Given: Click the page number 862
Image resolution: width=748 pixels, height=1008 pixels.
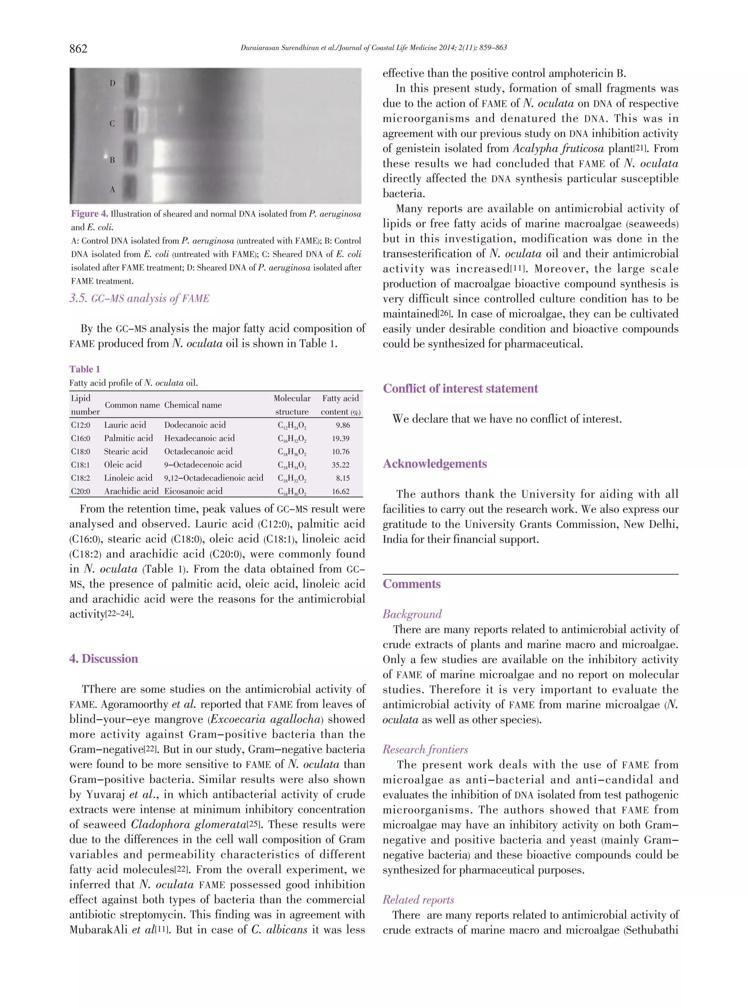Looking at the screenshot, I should [x=78, y=49].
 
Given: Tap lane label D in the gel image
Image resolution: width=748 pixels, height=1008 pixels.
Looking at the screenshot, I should [x=112, y=83].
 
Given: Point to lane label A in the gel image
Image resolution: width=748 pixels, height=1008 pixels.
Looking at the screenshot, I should [x=112, y=190].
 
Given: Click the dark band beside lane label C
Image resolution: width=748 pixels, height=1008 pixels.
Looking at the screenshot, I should [x=131, y=123].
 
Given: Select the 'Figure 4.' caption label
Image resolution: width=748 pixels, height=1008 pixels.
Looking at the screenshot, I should [x=89, y=214].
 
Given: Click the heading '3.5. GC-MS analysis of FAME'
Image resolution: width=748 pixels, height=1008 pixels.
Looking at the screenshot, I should [x=140, y=298].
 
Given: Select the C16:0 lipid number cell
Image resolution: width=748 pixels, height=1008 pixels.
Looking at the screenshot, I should [x=81, y=438].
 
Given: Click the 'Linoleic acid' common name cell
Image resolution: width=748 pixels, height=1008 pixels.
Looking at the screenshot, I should [x=128, y=478].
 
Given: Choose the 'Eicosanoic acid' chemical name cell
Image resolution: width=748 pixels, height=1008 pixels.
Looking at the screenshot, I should [x=193, y=491].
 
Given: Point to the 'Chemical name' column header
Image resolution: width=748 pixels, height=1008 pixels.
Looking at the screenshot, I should [x=193, y=405].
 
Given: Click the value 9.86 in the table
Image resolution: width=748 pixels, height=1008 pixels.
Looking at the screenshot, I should [x=343, y=425].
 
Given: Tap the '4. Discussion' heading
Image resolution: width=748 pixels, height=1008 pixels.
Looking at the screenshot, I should [x=104, y=659].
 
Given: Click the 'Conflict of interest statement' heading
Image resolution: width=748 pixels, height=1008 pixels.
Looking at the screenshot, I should [x=461, y=388].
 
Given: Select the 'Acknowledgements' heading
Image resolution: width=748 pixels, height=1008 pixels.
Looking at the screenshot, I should [x=435, y=464].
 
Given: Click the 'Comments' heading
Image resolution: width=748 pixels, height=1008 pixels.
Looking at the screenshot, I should [x=412, y=584].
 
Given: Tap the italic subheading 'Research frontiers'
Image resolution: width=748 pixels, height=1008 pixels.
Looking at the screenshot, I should [x=425, y=749].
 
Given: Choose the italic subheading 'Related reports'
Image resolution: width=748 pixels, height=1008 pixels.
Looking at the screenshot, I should [x=418, y=900].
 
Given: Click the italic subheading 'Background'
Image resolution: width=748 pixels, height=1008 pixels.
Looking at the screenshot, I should [x=412, y=614].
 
